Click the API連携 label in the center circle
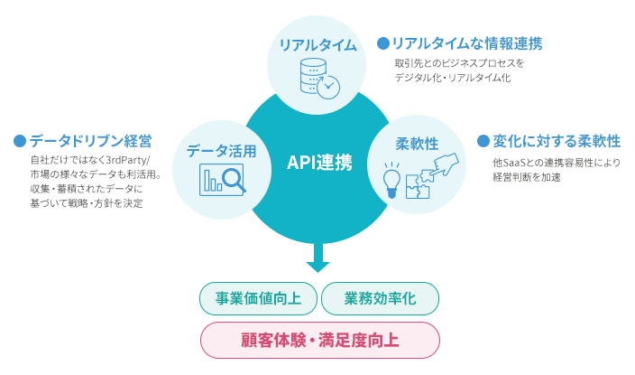click(319, 163)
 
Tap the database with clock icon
click(319, 79)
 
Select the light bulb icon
click(391, 181)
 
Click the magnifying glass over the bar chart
click(234, 179)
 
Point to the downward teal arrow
click(317, 258)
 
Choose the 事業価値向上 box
click(258, 299)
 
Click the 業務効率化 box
click(380, 299)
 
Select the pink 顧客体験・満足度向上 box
click(320, 340)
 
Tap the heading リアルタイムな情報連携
click(467, 43)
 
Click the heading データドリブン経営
click(90, 141)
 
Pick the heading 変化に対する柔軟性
click(557, 141)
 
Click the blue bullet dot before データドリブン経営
click(20, 141)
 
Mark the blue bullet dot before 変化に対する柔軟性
click(483, 141)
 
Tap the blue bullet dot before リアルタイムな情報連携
click(383, 43)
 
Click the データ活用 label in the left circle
click(222, 151)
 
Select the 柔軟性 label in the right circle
click(417, 144)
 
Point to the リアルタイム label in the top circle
click(317, 44)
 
